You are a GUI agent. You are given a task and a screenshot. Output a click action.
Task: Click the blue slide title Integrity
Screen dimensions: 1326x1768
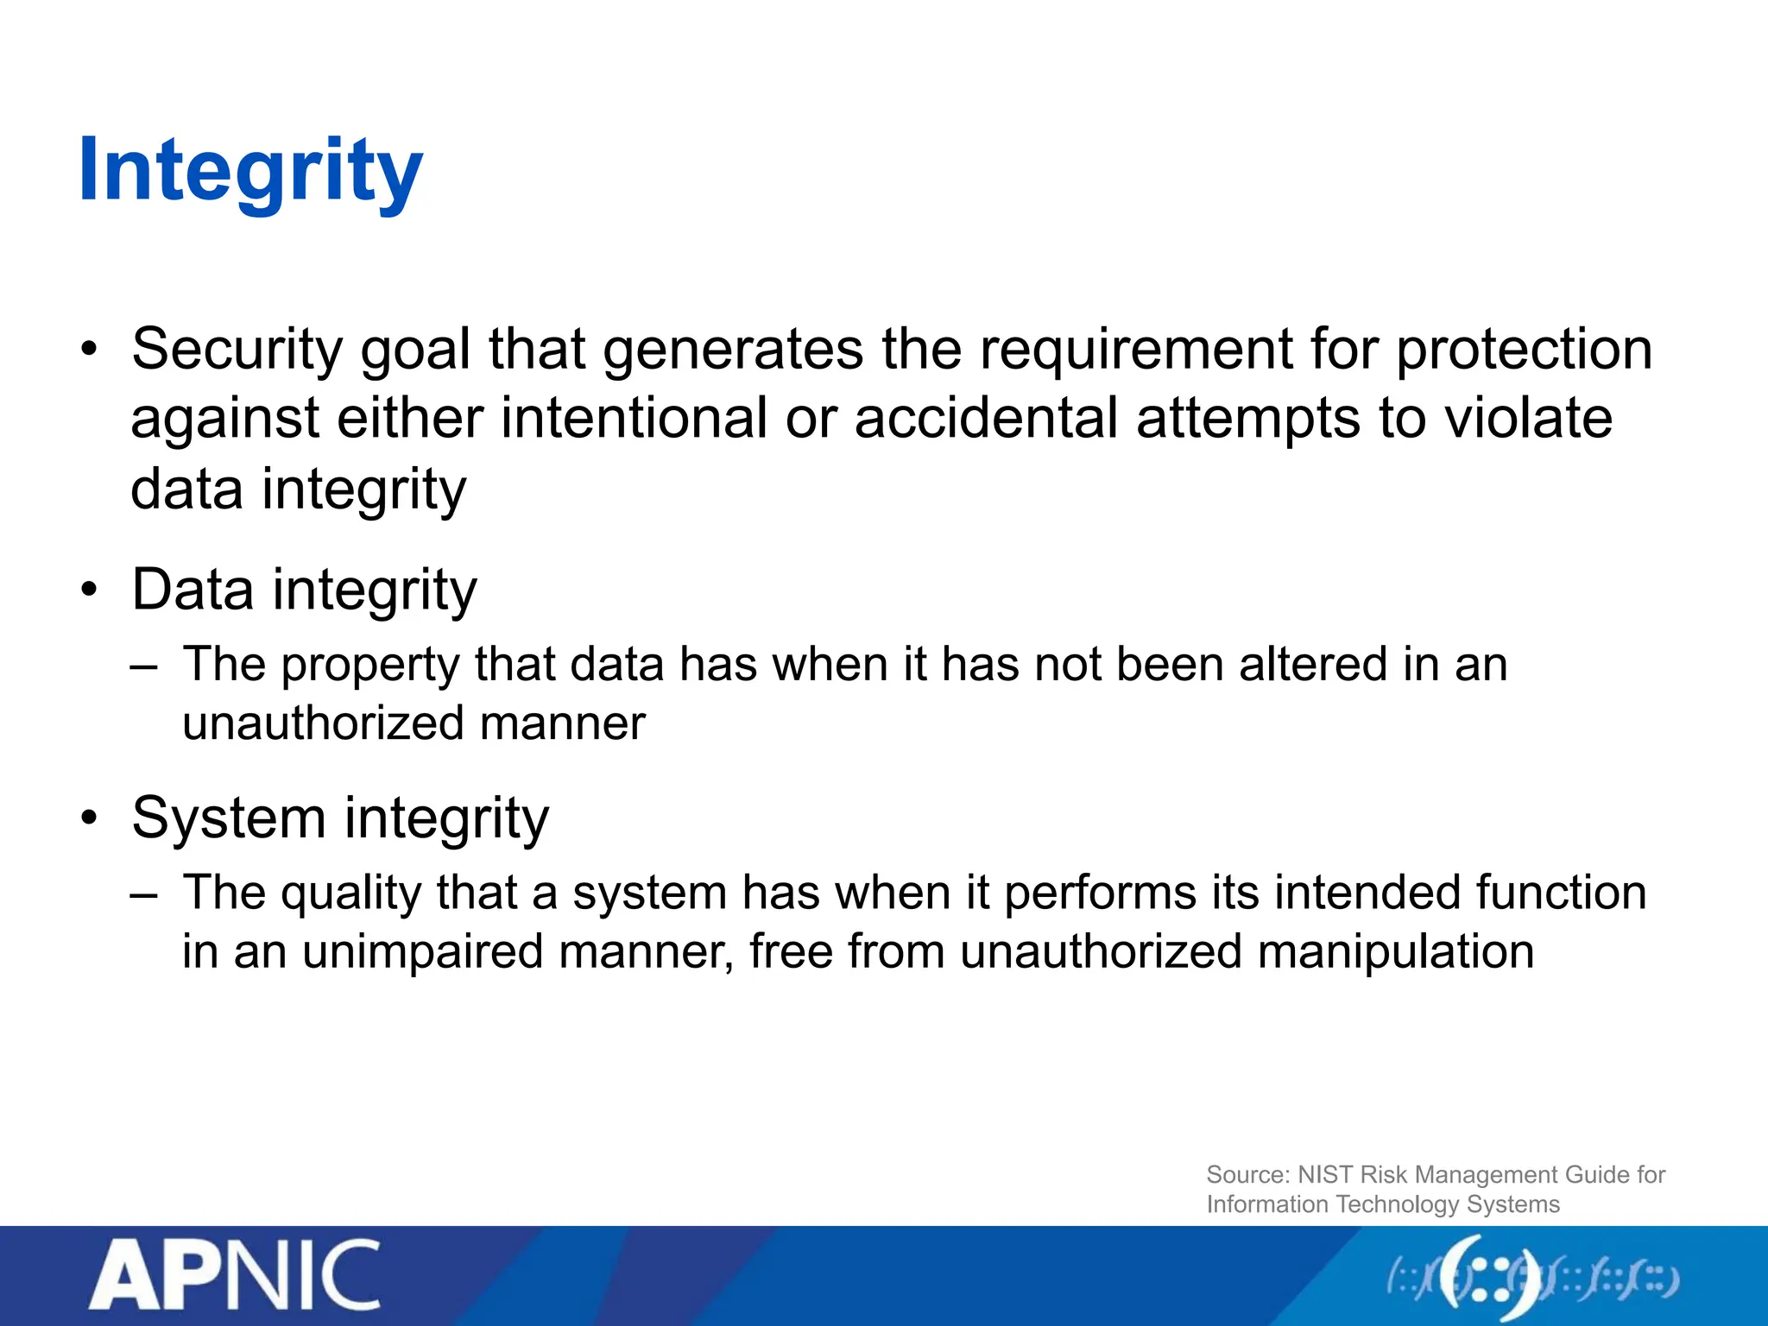[250, 172]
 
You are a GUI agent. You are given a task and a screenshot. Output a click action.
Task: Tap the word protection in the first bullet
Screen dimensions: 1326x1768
[1524, 350]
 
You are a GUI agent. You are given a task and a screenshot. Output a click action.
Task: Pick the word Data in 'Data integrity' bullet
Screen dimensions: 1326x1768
[193, 590]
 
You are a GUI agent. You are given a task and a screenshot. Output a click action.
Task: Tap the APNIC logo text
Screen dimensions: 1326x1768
[235, 1277]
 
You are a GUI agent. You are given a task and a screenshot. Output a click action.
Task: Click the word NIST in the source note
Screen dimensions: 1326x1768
[1325, 1175]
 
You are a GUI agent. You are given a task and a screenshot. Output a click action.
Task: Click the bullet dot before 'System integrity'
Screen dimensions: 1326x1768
[90, 818]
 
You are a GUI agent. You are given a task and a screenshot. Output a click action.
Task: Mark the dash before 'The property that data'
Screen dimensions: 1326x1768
[144, 666]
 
